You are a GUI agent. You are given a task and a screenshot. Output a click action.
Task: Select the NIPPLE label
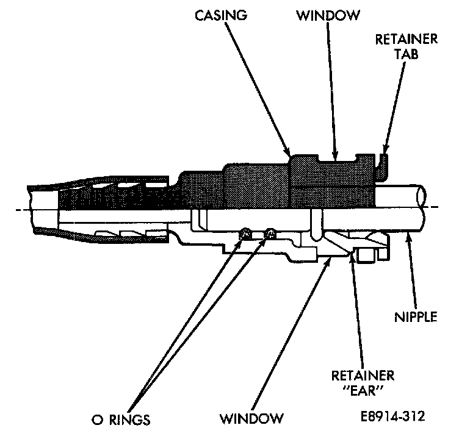point(417,317)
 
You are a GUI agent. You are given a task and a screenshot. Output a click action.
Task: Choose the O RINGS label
point(119,419)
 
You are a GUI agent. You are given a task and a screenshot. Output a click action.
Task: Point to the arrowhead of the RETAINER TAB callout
point(384,151)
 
